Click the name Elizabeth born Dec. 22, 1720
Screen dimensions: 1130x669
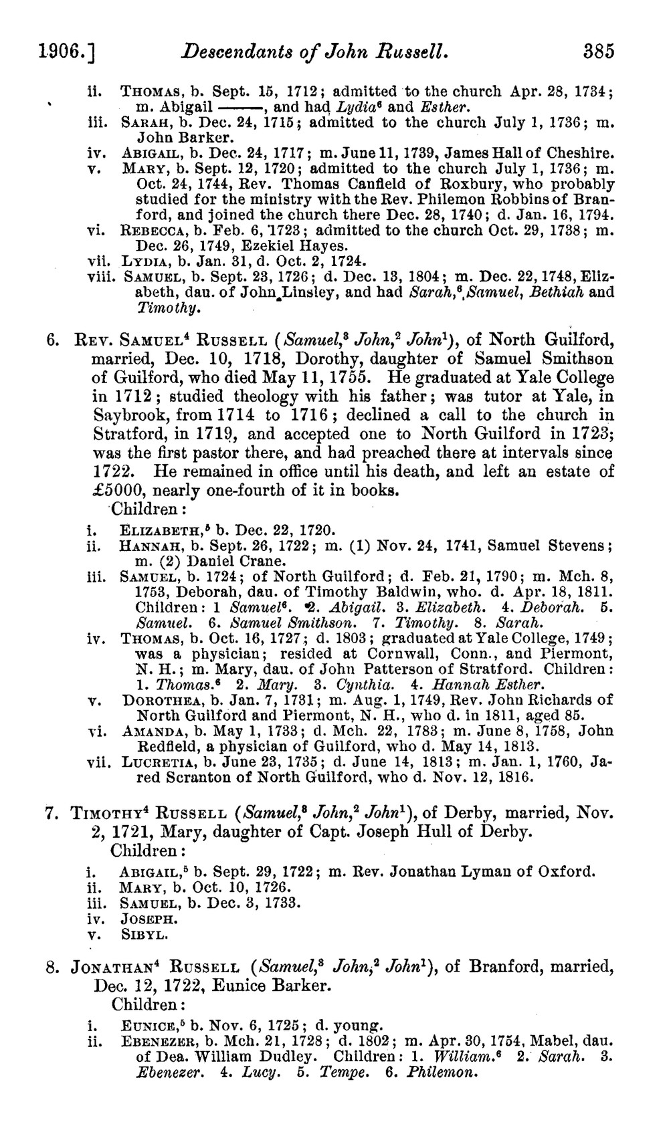click(155, 531)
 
